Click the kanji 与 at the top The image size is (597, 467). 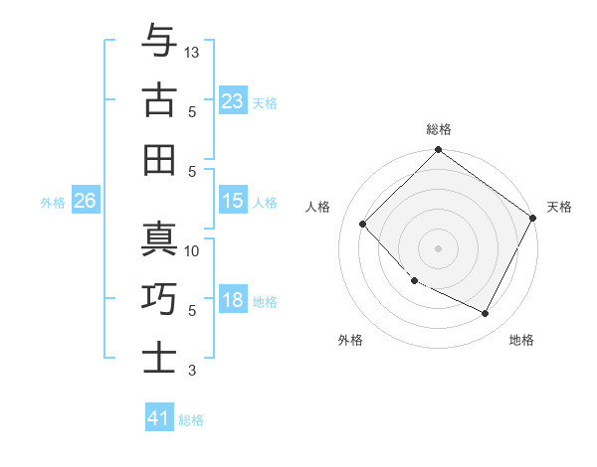(x=160, y=41)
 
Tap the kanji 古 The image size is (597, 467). (x=160, y=99)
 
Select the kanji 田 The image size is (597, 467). (x=160, y=158)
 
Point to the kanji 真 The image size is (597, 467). (x=160, y=240)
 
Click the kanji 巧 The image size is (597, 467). (x=160, y=298)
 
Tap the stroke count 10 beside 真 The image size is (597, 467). (x=193, y=251)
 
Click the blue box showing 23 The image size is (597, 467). (x=233, y=100)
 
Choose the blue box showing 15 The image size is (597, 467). (x=233, y=201)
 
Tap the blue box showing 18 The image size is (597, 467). (x=233, y=301)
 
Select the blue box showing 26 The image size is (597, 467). (x=85, y=201)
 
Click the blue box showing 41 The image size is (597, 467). (x=159, y=418)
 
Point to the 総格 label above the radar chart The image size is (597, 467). (x=439, y=129)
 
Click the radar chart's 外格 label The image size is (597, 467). (x=350, y=340)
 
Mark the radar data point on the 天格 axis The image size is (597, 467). (x=533, y=218)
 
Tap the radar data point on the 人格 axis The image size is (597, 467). (x=363, y=224)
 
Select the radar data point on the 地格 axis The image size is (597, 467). (x=486, y=314)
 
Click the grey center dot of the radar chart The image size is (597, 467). (x=439, y=248)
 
